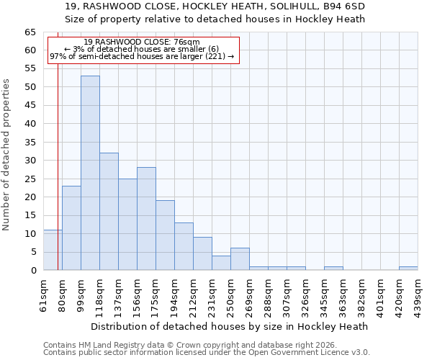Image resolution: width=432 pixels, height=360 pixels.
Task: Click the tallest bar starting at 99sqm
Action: pyautogui.click(x=90, y=173)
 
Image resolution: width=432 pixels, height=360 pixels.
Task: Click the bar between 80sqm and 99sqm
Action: pyautogui.click(x=71, y=228)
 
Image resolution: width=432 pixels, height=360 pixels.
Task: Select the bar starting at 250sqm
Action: pyautogui.click(x=240, y=259)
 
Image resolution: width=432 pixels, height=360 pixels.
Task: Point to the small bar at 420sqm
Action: pyautogui.click(x=408, y=268)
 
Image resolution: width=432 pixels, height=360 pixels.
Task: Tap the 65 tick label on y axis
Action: pyautogui.click(x=30, y=32)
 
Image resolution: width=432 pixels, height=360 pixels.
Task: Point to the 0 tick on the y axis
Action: pyautogui.click(x=33, y=271)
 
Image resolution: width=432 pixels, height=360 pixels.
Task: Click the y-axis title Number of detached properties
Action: pyautogui.click(x=7, y=155)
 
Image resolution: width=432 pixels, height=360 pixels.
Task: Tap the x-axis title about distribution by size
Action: pyautogui.click(x=230, y=326)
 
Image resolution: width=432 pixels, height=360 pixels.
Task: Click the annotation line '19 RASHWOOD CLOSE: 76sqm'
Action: pyautogui.click(x=142, y=42)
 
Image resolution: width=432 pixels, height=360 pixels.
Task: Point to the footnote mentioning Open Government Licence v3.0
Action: pyautogui.click(x=207, y=353)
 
